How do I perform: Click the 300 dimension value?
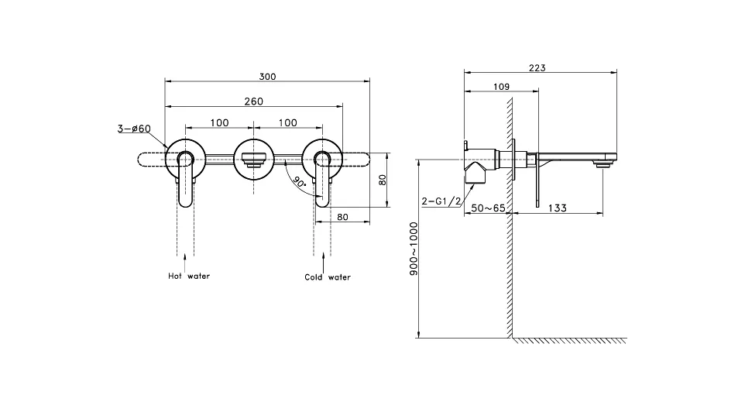[267, 77]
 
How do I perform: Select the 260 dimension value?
[254, 101]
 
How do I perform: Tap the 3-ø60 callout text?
[135, 129]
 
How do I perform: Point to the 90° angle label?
[299, 182]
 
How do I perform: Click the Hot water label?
[189, 276]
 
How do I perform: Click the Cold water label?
[328, 277]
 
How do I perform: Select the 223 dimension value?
[537, 68]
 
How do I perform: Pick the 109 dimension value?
[501, 87]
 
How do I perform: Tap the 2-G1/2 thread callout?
[441, 201]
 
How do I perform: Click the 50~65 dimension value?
[488, 208]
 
